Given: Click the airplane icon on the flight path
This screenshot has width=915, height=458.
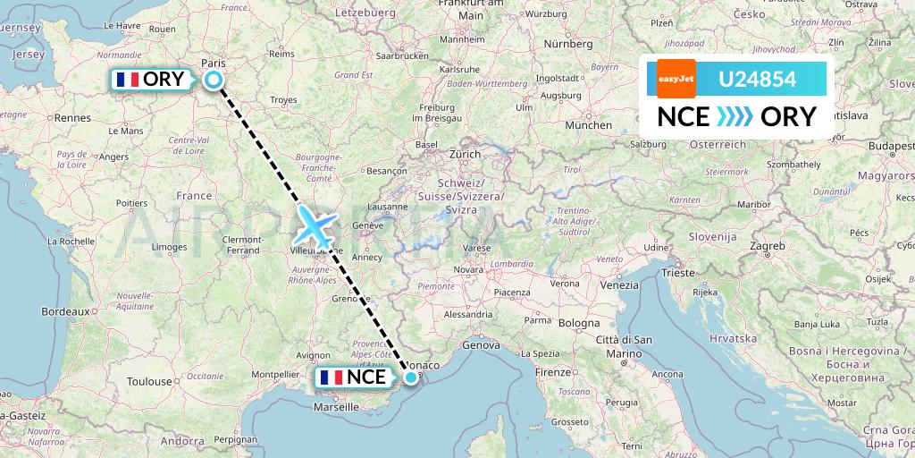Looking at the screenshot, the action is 315,225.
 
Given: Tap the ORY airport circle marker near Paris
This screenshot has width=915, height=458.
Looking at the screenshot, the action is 214,80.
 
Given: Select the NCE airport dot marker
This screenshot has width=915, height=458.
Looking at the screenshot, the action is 410,377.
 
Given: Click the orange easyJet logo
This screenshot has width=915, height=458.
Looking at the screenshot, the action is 676,79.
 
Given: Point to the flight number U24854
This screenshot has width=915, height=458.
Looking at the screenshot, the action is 757,80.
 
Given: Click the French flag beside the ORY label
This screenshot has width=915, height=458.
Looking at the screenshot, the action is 129,80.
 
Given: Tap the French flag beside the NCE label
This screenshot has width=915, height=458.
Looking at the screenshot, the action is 331,377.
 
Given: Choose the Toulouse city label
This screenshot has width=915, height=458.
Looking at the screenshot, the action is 148,381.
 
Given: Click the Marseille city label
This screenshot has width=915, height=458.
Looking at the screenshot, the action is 336,407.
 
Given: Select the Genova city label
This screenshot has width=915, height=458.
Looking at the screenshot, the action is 481,344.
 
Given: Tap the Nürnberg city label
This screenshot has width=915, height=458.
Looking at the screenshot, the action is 568,43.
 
